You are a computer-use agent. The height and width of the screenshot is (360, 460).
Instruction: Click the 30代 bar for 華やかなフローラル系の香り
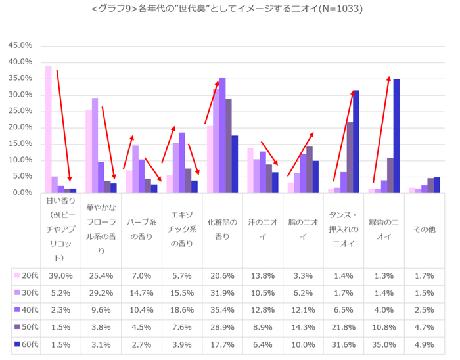[x=95, y=145]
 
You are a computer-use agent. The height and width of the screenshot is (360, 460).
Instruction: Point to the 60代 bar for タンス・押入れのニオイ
[x=356, y=141]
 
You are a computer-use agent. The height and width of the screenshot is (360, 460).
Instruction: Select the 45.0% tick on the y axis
[x=20, y=46]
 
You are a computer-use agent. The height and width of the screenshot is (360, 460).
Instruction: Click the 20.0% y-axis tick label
[x=20, y=127]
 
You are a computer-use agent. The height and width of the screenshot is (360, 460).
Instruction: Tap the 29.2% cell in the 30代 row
[x=99, y=292]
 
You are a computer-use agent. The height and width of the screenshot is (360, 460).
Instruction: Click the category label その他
[x=424, y=229]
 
